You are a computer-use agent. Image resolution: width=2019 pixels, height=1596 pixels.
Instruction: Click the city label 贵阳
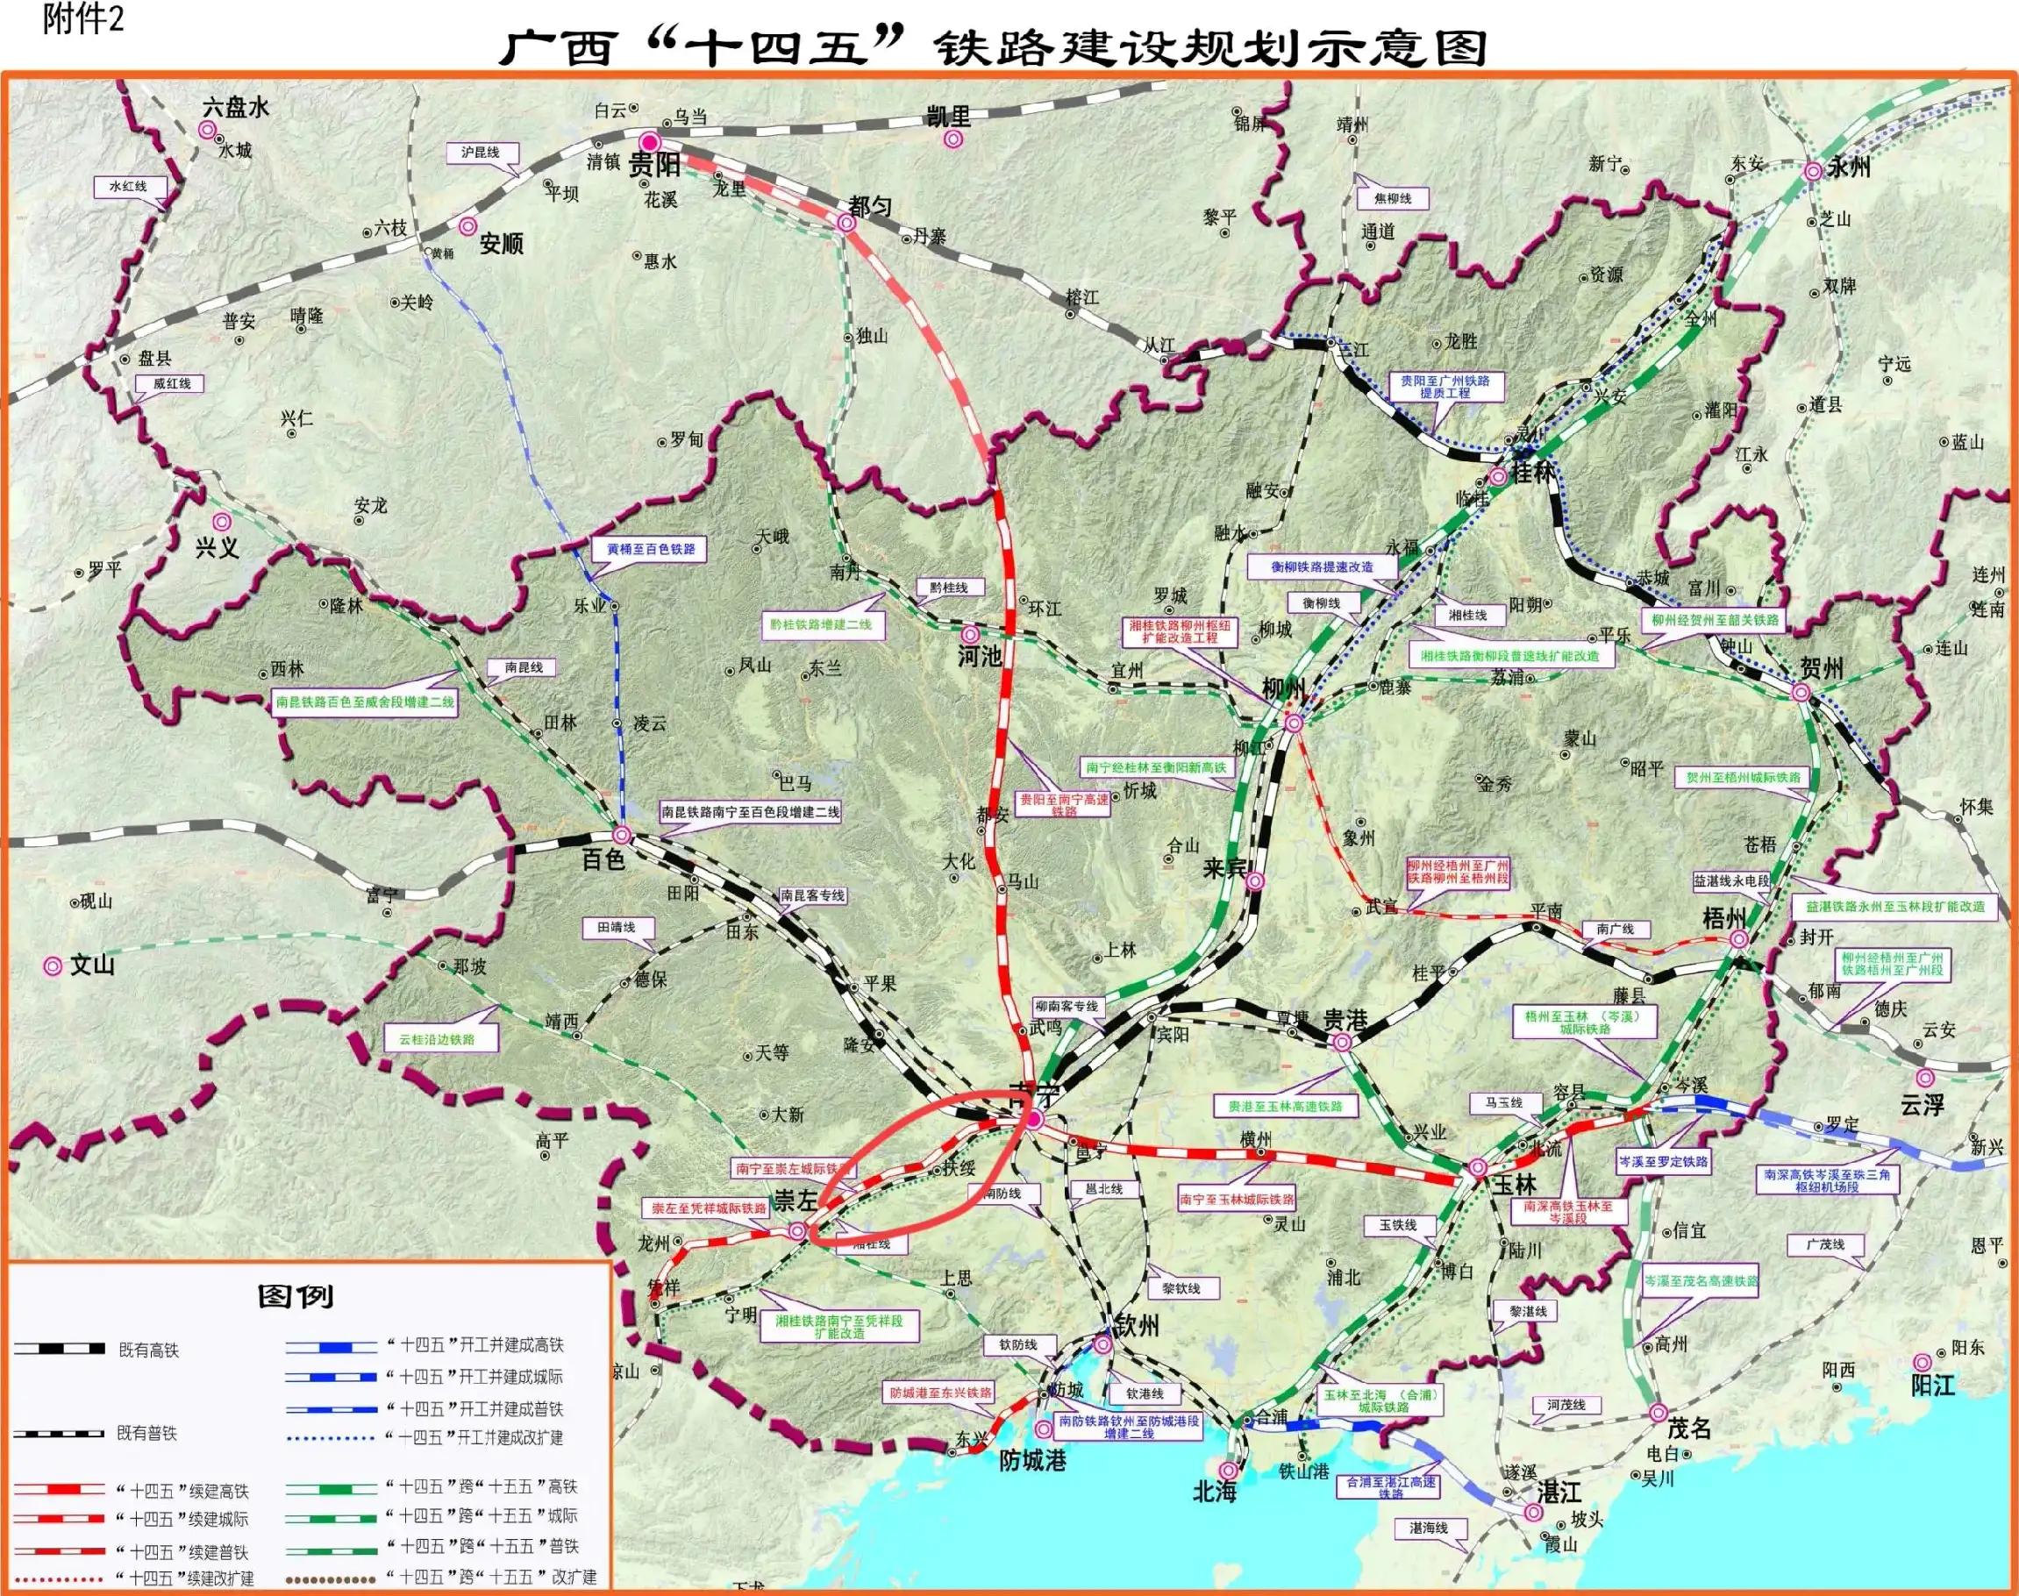coord(654,167)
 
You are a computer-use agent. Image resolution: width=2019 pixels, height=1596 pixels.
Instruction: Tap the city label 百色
coord(603,859)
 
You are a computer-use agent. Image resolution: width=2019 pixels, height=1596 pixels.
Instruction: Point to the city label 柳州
coord(1284,689)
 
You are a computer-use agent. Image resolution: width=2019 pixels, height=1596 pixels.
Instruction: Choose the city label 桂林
coord(1533,473)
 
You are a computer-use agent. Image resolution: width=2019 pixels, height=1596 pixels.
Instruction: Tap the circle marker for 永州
coord(1812,171)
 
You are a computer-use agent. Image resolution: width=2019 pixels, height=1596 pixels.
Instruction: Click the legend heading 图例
coord(296,1296)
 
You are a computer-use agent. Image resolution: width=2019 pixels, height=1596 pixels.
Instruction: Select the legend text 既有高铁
coord(148,1350)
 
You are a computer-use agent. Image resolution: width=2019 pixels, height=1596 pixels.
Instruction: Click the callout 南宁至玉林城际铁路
coord(1237,1199)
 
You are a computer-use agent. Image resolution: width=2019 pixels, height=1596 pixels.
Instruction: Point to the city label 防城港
coord(1032,1459)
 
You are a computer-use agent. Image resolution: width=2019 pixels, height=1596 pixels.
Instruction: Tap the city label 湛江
coord(1559,1493)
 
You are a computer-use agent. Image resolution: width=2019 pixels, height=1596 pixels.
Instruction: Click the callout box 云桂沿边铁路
coord(437,1039)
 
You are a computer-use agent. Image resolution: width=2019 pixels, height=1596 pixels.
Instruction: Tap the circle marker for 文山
coord(54,966)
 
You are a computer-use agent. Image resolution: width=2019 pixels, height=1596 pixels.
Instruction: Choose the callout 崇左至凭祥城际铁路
coord(709,1208)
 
